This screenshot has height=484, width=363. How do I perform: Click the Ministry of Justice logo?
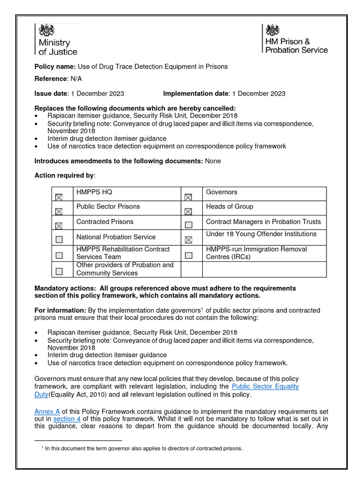coord(56,40)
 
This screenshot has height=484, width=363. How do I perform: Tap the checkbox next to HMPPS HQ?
coord(59,197)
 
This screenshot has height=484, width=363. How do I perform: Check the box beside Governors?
coord(189,197)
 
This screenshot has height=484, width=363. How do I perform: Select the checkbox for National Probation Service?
coord(59,240)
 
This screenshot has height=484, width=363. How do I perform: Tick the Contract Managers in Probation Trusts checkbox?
coord(189,225)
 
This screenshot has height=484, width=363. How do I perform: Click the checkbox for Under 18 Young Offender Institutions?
coord(189,240)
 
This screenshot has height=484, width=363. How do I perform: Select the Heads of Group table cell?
coord(230,207)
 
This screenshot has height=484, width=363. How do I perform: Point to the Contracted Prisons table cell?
coord(105,222)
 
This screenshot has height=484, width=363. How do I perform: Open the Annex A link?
coord(47,412)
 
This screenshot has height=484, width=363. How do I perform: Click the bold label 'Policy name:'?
coord(55,67)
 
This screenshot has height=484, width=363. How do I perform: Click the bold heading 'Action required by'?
coord(64,176)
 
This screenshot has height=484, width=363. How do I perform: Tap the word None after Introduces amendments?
coord(213,161)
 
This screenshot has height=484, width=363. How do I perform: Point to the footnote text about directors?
coord(144,449)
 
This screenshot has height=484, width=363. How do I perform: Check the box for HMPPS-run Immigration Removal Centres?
coord(189,255)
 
